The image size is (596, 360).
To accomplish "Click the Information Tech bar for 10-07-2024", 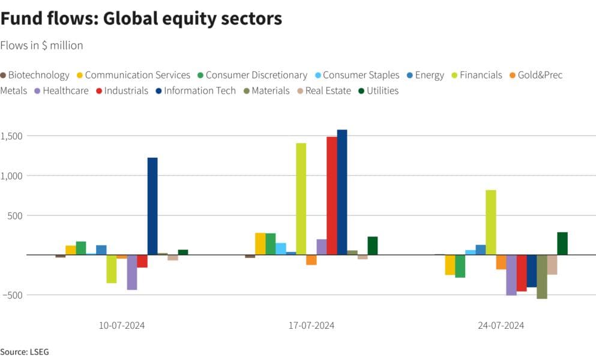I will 152,206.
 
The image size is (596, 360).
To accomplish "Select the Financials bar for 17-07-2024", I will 301,199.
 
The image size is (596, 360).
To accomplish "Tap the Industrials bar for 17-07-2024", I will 332,196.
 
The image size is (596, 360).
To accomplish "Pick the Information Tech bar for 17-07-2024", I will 342,192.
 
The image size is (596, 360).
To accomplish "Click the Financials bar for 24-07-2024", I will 491,222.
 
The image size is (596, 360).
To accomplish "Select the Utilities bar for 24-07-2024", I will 562,243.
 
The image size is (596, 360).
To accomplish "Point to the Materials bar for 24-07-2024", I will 542,277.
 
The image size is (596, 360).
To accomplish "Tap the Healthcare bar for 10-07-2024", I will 132,272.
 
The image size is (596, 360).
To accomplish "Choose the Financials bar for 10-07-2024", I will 112,269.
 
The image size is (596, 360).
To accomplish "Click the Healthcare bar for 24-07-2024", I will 511,275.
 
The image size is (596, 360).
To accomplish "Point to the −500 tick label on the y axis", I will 13,295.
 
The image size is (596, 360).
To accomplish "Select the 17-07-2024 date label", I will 312,326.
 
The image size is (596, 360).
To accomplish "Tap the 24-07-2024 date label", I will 501,326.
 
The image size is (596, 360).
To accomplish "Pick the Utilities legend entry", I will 378,91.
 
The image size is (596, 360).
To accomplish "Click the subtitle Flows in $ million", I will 41,46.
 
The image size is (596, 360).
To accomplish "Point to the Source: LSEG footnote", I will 25,352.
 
